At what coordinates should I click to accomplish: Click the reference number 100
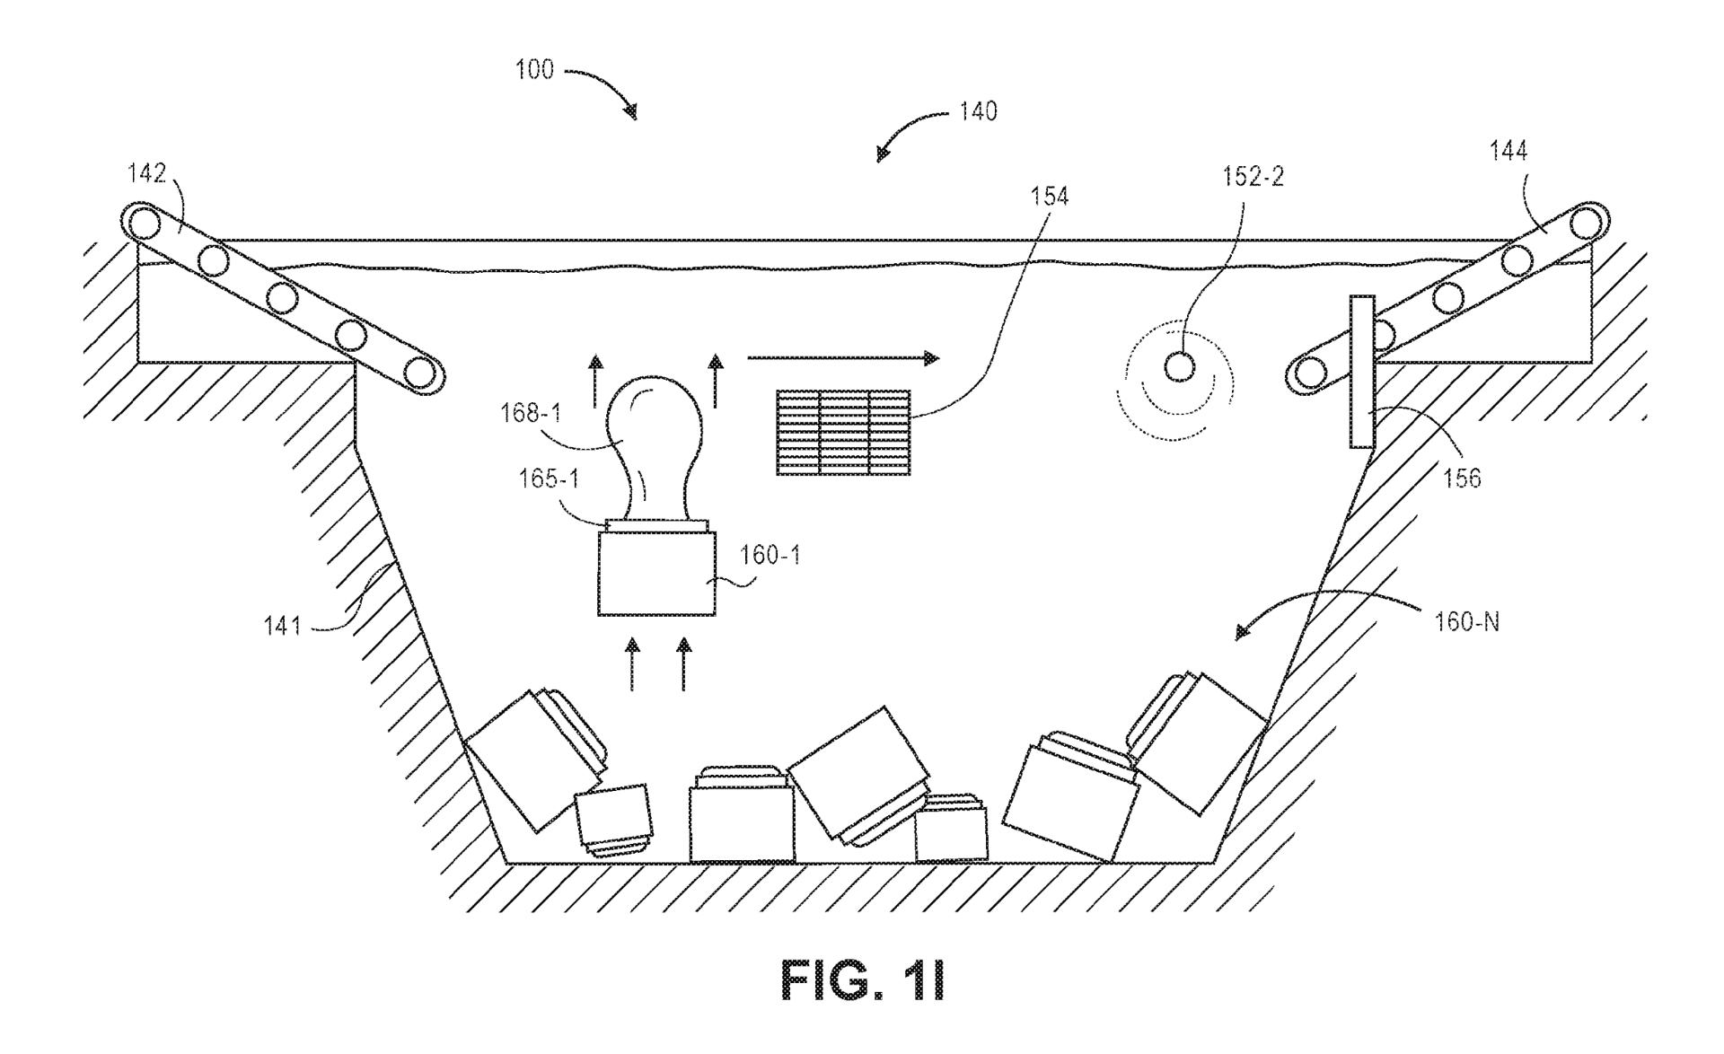(x=534, y=70)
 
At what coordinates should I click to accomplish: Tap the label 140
(x=978, y=112)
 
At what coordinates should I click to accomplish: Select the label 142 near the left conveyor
(x=146, y=173)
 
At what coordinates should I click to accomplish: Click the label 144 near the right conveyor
(x=1508, y=152)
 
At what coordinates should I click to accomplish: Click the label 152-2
(x=1253, y=177)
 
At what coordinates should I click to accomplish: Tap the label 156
(x=1462, y=479)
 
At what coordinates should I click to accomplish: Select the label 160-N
(x=1466, y=622)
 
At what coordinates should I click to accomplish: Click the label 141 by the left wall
(x=282, y=625)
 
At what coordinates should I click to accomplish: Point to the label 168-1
(x=532, y=414)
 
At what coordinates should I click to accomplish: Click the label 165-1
(x=548, y=479)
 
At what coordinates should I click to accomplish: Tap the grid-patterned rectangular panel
(x=842, y=433)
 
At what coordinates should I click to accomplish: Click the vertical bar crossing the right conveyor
(x=1361, y=372)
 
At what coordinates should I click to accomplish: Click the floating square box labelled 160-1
(x=656, y=573)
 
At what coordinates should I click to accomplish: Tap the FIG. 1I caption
(x=862, y=981)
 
